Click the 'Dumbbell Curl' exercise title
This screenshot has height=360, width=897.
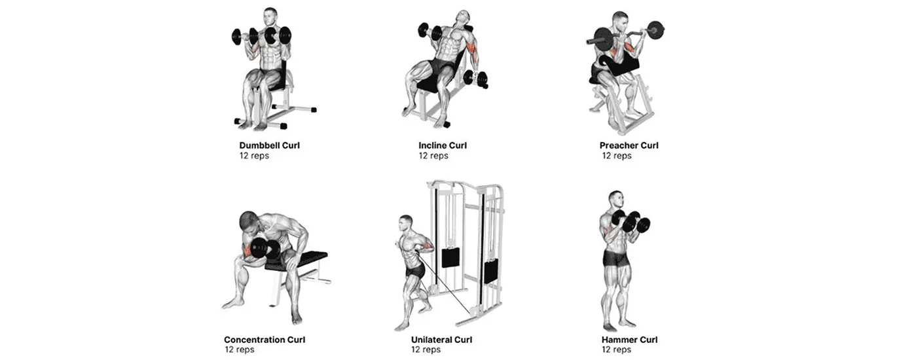pos(269,145)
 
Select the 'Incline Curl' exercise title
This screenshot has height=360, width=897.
pos(443,145)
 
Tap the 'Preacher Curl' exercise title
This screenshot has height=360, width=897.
pos(629,145)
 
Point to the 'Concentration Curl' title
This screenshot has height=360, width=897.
pos(264,340)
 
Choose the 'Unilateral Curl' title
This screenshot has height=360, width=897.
pos(441,340)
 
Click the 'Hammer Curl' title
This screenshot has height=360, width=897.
pos(629,340)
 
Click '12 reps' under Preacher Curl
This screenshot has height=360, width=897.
pos(617,156)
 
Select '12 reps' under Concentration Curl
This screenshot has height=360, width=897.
pos(239,350)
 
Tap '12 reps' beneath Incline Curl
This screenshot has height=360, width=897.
pos(433,156)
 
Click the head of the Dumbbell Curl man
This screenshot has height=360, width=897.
pos(270,16)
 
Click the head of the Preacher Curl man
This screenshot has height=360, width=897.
pos(619,19)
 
